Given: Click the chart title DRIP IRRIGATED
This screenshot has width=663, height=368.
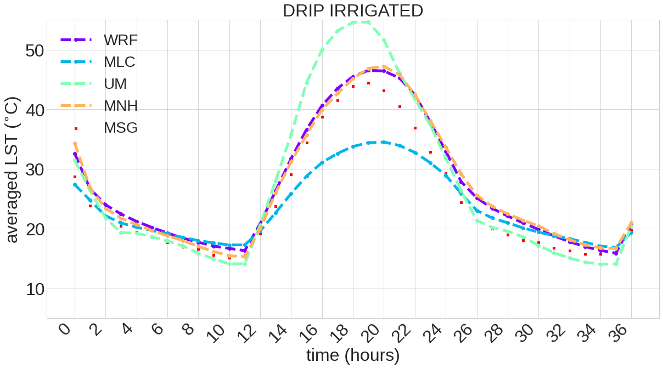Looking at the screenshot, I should pos(352,10).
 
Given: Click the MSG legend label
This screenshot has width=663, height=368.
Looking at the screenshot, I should pos(121,128).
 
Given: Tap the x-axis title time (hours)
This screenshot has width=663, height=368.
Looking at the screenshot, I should pos(352,355).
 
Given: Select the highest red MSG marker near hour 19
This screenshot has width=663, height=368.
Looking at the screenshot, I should pos(368,83).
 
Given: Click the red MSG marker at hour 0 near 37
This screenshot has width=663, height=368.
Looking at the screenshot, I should pos(76,129).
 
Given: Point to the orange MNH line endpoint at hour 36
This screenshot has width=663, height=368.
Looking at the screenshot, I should pos(631,223).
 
